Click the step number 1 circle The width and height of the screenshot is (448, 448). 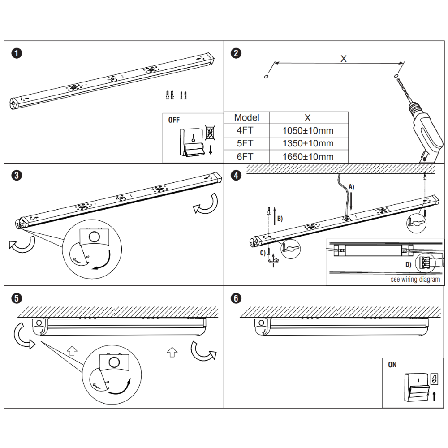click(17, 53)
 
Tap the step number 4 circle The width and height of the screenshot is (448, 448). click(236, 175)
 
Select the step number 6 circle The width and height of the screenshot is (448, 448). click(236, 298)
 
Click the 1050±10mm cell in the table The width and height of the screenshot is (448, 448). click(308, 131)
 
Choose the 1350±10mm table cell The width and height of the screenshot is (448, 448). click(308, 143)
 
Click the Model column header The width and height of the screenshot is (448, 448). click(247, 117)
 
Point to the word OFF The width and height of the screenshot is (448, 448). click(174, 120)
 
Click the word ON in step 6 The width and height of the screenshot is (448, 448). click(392, 365)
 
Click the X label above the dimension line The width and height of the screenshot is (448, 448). click(343, 59)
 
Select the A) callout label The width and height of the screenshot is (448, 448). click(351, 187)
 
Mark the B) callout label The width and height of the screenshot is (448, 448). click(280, 219)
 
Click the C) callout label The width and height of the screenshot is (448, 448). click(262, 253)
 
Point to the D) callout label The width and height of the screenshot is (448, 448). click(408, 264)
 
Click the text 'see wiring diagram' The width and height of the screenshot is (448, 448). click(415, 280)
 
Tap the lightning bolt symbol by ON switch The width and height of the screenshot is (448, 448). click(434, 379)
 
